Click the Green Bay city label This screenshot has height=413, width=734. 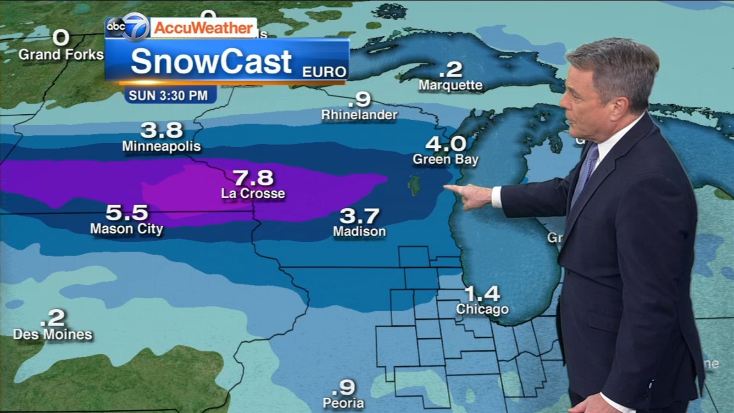click(x=445, y=159)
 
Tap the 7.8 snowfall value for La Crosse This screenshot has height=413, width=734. click(x=253, y=178)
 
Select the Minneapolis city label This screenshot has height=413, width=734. click(x=161, y=146)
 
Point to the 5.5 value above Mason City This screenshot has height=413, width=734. click(x=127, y=212)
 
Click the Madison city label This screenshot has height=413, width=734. click(x=359, y=231)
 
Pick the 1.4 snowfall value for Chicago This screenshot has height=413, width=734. click(x=482, y=293)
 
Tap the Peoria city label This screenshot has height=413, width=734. click(x=343, y=403)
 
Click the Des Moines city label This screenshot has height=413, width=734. click(x=53, y=335)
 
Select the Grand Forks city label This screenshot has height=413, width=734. click(x=61, y=55)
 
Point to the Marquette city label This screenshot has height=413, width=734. click(x=450, y=85)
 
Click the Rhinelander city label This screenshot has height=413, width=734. click(x=359, y=115)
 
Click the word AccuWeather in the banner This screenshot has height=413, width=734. click(x=203, y=28)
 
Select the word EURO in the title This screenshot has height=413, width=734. click(x=324, y=72)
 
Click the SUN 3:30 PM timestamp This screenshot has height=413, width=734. click(x=168, y=95)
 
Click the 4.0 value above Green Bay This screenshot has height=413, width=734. click(x=445, y=144)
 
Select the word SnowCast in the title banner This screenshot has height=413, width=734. click(x=211, y=61)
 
